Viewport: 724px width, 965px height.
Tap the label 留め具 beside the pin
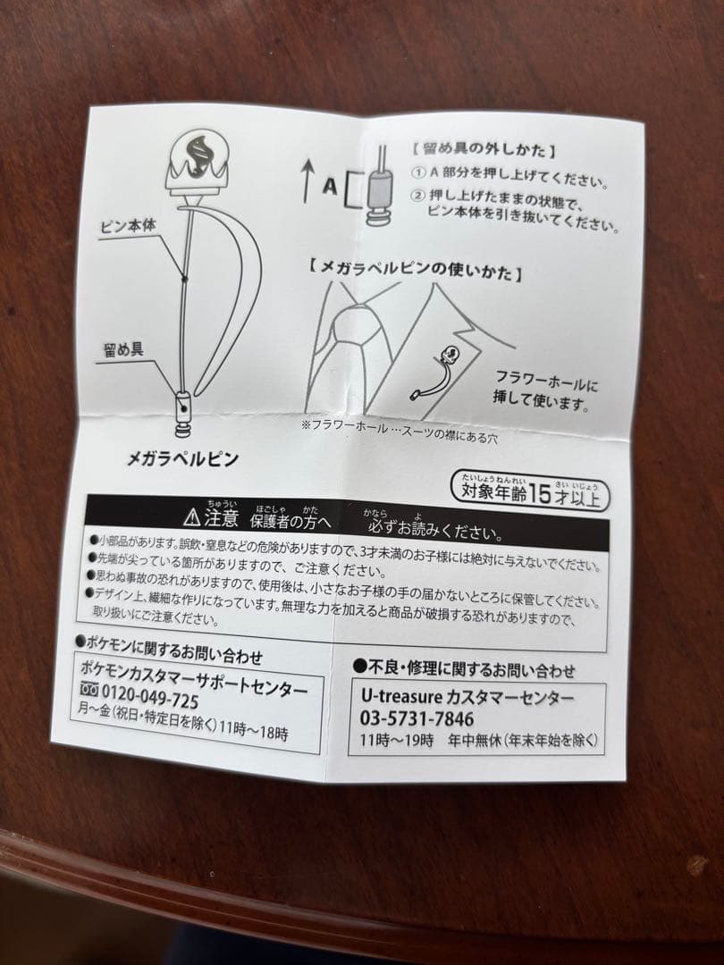[x=123, y=348]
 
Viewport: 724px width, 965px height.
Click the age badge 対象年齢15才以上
[x=532, y=489]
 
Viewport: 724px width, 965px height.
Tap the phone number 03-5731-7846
[x=417, y=719]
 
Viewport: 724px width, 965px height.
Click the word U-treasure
[x=400, y=697]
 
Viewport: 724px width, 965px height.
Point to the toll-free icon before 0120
[x=90, y=700]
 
